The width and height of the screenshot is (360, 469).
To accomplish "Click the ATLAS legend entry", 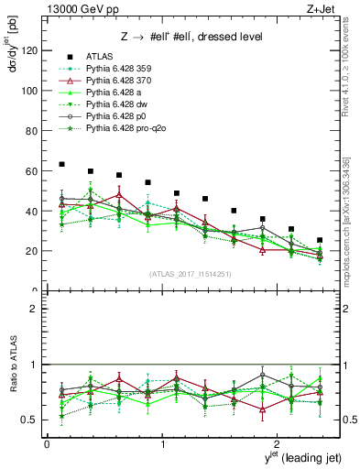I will pyautogui.click(x=98, y=57).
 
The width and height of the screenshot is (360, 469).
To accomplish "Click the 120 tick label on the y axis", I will pyautogui.click(x=29, y=51).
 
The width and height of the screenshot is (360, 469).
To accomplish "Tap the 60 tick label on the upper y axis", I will pyautogui.click(x=32, y=171).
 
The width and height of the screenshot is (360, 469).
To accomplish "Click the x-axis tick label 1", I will pyautogui.click(x=162, y=444).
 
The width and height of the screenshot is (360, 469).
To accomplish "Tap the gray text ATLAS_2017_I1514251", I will pyautogui.click(x=189, y=275).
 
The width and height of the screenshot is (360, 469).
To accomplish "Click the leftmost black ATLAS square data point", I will pyautogui.click(x=61, y=164).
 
